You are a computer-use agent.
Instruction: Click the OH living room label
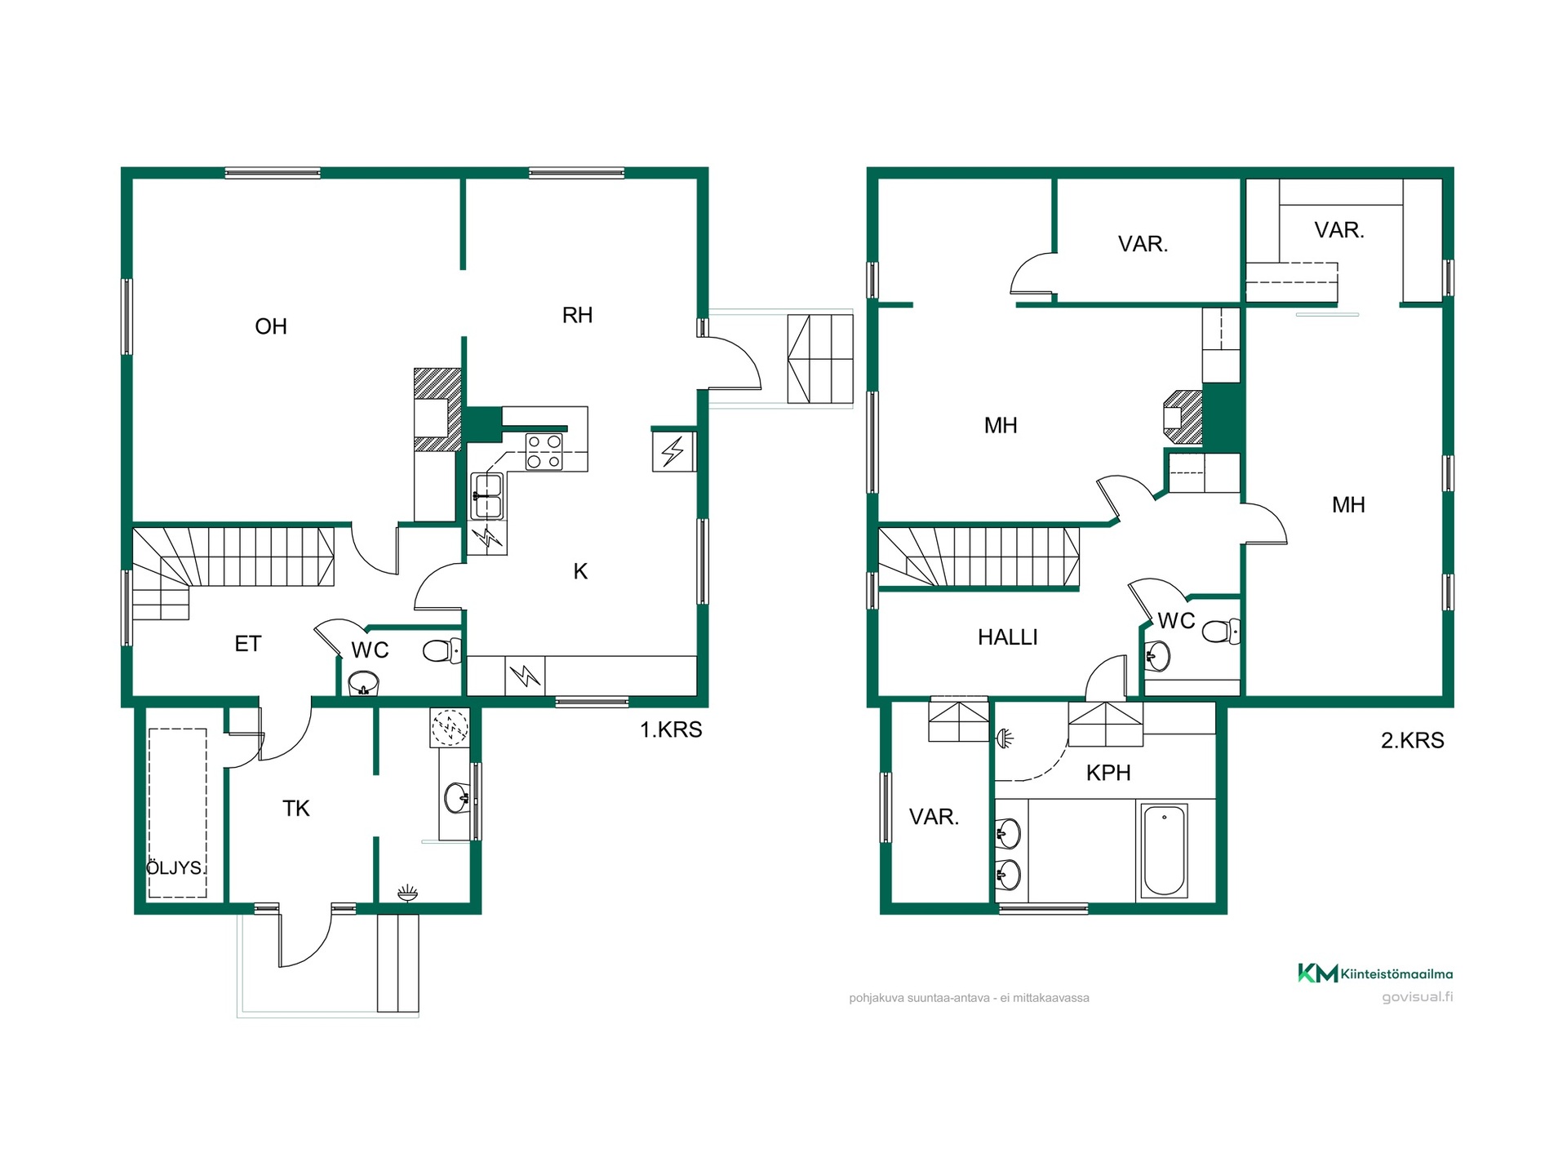271,326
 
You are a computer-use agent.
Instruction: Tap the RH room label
577,315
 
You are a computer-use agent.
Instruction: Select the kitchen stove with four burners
544,452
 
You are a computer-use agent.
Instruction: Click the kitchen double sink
487,496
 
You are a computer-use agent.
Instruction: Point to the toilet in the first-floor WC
442,650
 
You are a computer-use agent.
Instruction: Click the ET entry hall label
247,644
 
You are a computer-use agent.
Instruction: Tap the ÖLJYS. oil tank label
175,867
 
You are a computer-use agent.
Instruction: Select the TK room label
295,809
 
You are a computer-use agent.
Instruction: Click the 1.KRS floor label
671,729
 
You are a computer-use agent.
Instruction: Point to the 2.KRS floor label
1413,740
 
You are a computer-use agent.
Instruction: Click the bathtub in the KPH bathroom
1164,850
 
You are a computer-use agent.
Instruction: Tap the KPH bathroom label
1108,773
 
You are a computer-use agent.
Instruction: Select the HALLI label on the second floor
1008,637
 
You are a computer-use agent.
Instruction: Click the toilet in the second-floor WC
1221,631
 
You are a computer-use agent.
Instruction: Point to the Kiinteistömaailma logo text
1396,973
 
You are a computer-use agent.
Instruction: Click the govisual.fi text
1418,997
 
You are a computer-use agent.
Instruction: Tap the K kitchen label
580,571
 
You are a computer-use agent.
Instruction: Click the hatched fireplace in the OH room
437,410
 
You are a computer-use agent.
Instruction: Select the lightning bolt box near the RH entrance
673,451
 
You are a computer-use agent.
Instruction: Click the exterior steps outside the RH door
820,359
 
